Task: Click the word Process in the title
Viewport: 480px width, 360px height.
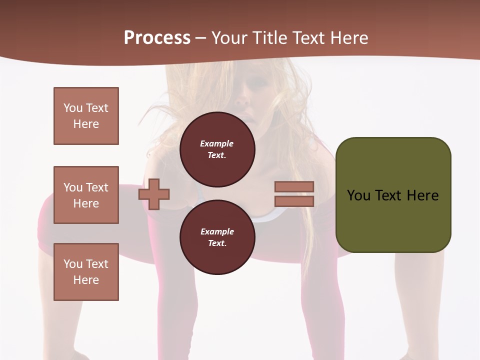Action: coord(157,38)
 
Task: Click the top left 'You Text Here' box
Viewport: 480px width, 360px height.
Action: coord(86,116)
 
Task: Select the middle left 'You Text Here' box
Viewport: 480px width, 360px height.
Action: coord(86,195)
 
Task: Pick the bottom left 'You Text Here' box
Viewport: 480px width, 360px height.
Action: coord(86,272)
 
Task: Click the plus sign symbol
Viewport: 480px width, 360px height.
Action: coord(154,193)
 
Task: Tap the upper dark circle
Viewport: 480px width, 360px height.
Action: coord(217,149)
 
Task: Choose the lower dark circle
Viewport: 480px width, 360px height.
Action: coord(217,237)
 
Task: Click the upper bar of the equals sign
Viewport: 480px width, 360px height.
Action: coord(294,186)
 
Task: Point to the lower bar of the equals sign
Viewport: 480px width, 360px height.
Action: coord(294,201)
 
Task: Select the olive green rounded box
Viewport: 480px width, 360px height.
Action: coord(393,195)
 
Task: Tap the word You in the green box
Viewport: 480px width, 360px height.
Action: coord(358,195)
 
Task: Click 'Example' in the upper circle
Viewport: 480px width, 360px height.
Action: coord(217,143)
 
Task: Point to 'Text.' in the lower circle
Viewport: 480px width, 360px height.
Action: coord(217,243)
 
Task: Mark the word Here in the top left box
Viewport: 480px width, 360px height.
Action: coord(86,124)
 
